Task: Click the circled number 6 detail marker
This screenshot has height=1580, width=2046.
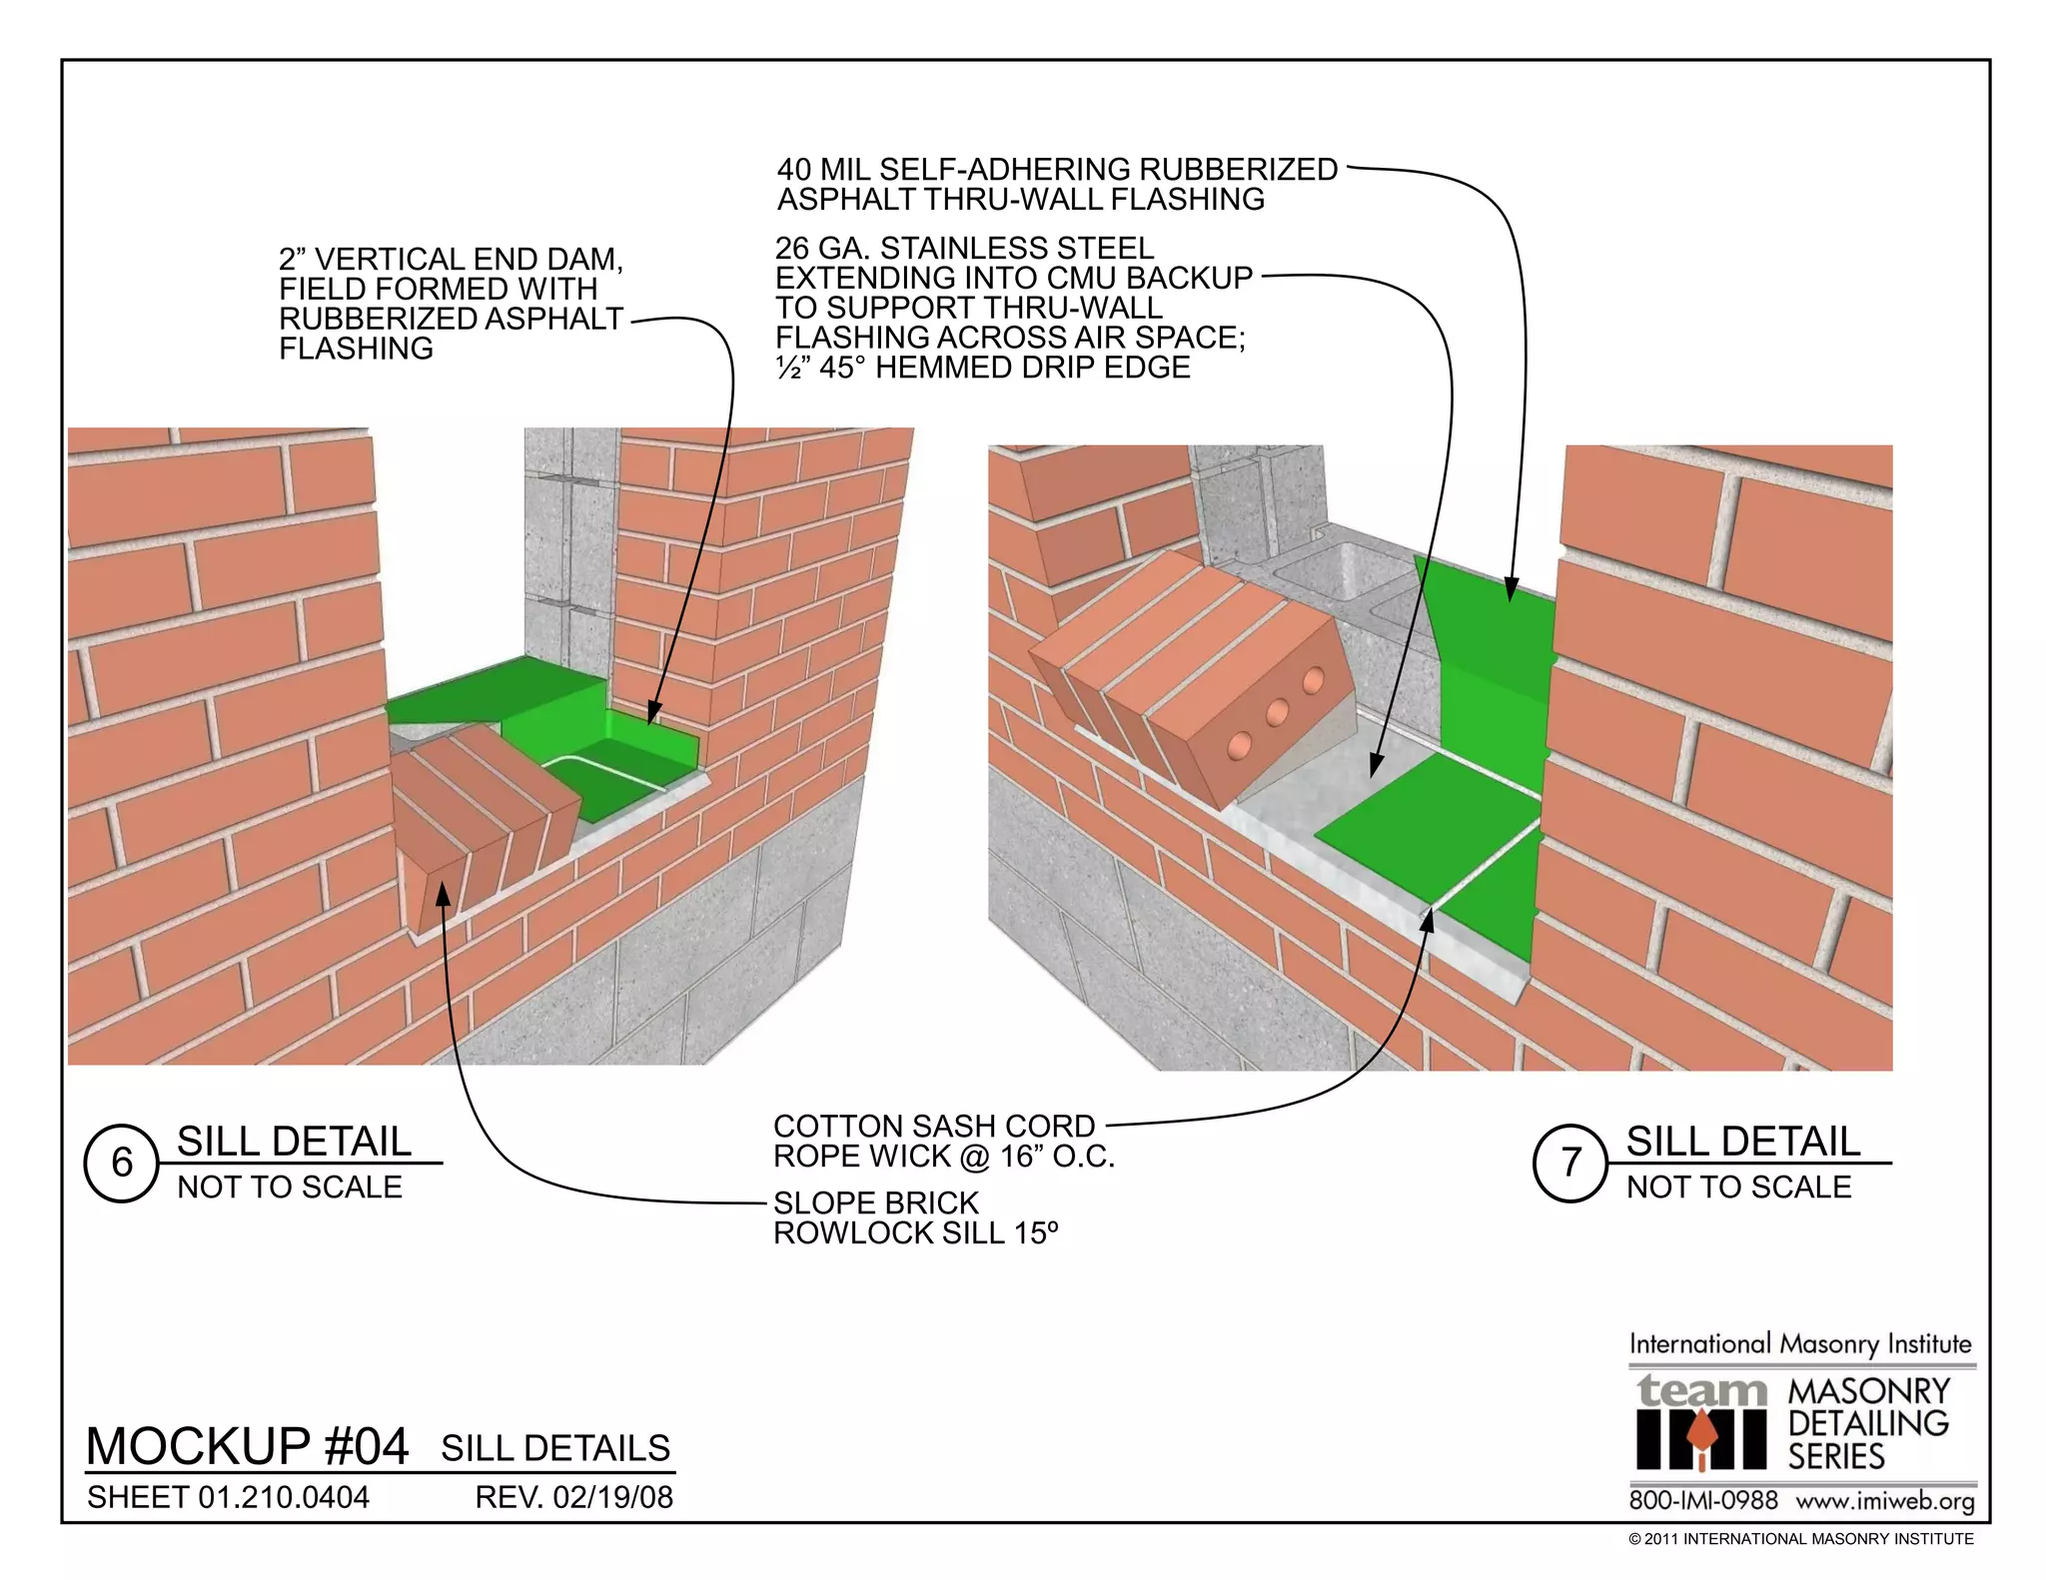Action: (x=122, y=1163)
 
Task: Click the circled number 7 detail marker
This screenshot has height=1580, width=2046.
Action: (x=1570, y=1163)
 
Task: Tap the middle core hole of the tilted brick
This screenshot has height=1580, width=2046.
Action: (x=1277, y=713)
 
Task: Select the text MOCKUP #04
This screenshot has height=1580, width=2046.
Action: (x=247, y=1445)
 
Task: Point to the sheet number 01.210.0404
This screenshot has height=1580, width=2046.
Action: (x=284, y=1497)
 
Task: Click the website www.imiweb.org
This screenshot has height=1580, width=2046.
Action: (x=1885, y=1501)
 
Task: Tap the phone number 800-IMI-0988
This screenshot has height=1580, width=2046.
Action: (x=1703, y=1501)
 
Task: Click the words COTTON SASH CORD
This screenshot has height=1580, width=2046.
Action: (x=934, y=1126)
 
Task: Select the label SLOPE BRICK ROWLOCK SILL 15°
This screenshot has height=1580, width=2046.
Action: (x=914, y=1217)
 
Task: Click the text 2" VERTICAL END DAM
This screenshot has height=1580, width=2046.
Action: (x=451, y=260)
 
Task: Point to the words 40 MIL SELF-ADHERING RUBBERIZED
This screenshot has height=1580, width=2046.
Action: (x=1057, y=170)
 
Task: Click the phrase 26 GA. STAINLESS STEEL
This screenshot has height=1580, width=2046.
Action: (x=964, y=248)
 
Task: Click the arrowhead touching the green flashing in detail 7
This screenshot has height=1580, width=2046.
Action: (x=1511, y=590)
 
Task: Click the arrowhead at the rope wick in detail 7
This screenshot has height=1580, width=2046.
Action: (x=1429, y=920)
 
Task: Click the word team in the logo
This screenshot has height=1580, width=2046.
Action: (x=1701, y=1390)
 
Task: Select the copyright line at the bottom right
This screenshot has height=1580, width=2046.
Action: (x=1800, y=1539)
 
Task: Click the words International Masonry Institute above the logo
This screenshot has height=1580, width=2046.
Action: (x=1800, y=1343)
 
